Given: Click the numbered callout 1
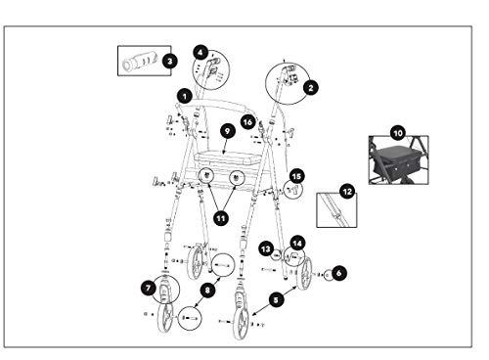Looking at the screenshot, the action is point(185,96).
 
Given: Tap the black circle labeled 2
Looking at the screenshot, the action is point(310,87).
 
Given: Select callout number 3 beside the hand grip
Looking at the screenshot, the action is point(170,61).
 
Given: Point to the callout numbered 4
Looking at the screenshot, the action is point(200,53).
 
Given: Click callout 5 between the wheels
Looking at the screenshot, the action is point(276,299).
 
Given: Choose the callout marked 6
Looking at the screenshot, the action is point(339,273).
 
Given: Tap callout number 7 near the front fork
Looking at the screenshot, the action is point(149,288).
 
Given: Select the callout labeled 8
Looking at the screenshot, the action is point(207,290).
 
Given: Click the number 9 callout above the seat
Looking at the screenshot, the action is point(227,131).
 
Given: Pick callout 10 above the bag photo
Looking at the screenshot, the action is point(398,133).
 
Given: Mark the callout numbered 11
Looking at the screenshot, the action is point(221,218).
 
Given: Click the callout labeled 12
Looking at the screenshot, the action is point(347,192).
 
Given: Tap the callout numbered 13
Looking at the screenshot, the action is point(266,249).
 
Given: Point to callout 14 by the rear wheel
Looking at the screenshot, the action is point(297,244).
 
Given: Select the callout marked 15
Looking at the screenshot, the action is point(296,176).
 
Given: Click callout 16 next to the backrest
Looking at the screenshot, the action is point(248,122).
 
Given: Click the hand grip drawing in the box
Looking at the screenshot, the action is point(140,61).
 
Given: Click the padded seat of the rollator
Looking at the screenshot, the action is point(227,159).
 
